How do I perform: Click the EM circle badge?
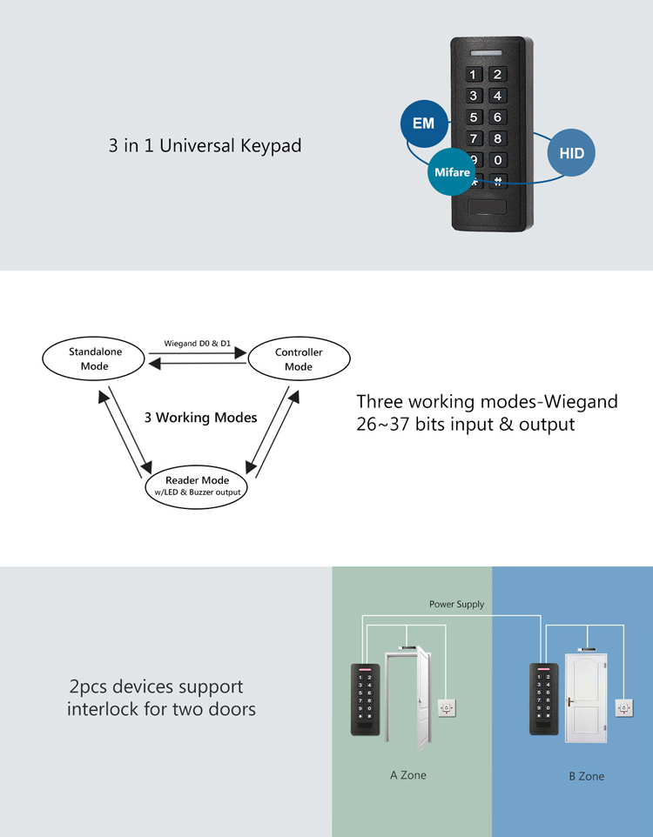click(x=423, y=124)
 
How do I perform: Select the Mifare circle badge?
click(x=452, y=173)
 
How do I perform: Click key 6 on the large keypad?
click(x=497, y=117)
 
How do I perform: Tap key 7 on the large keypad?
click(x=474, y=139)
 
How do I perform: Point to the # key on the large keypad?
click(x=497, y=182)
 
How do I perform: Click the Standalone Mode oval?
click(x=95, y=358)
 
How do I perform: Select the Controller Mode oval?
click(x=299, y=358)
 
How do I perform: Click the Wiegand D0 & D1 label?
click(x=198, y=344)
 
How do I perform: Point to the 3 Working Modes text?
click(x=200, y=418)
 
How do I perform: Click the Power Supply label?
click(x=456, y=604)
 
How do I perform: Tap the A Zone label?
click(x=407, y=774)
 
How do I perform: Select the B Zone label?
click(x=586, y=775)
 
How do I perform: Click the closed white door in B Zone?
click(x=584, y=699)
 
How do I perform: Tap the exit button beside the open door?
click(x=446, y=707)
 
